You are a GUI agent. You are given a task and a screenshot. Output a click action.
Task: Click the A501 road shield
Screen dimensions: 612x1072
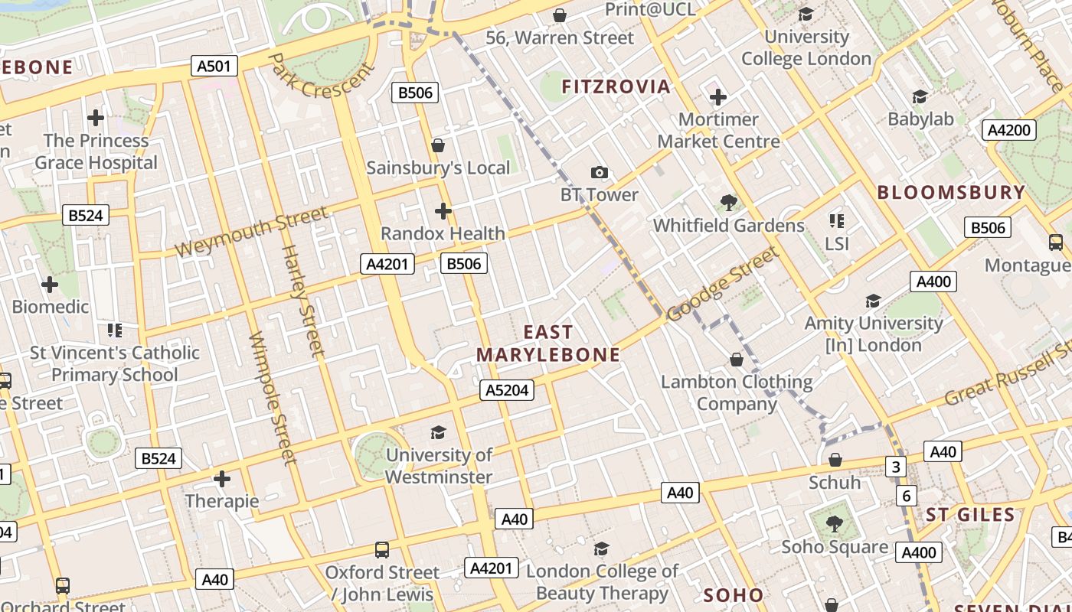click(x=214, y=66)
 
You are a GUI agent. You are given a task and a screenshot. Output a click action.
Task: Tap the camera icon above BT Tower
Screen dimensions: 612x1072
click(x=600, y=173)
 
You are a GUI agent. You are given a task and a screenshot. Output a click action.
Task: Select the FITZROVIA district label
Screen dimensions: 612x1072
click(x=616, y=86)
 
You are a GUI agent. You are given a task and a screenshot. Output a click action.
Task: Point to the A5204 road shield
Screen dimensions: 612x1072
click(x=507, y=390)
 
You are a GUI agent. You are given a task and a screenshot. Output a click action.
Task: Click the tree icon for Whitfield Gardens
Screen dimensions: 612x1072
click(x=728, y=203)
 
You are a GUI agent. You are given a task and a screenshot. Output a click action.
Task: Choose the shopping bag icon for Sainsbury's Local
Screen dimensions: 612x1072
click(x=438, y=145)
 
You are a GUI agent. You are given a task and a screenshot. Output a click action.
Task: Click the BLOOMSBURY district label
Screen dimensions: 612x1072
click(x=951, y=192)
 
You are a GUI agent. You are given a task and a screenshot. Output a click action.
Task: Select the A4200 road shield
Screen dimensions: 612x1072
click(x=1008, y=130)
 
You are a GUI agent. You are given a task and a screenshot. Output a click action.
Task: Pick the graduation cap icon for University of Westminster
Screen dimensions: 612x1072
click(x=438, y=433)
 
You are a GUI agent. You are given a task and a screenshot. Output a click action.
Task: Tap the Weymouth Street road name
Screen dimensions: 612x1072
click(x=251, y=232)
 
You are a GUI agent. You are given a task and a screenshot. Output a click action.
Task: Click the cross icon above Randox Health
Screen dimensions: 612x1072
click(x=443, y=211)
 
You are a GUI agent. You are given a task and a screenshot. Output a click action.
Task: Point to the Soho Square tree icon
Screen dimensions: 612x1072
click(x=835, y=524)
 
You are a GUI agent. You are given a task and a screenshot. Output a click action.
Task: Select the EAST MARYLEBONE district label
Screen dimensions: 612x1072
click(x=548, y=343)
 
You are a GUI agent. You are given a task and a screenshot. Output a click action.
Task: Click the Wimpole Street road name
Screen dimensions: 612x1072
click(x=272, y=398)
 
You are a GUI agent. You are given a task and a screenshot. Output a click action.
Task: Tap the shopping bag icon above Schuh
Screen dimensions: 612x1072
click(x=835, y=460)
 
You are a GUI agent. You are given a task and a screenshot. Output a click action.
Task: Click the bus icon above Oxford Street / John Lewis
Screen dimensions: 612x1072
click(x=381, y=550)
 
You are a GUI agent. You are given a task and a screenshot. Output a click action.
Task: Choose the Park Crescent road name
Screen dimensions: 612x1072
click(x=322, y=76)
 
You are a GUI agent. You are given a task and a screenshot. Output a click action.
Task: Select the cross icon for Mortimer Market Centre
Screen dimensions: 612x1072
click(x=717, y=97)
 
